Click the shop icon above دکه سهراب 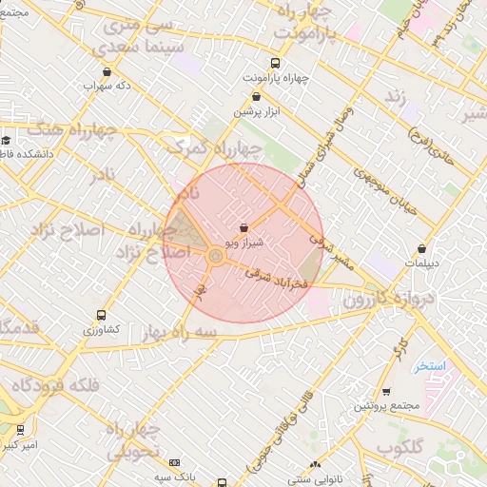point(107,70)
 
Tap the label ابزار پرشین point(257,110)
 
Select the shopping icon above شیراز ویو point(245,228)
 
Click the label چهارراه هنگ point(71,131)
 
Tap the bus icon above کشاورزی point(102,315)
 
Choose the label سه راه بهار point(177,330)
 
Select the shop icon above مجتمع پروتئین point(386,391)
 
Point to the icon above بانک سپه point(174,461)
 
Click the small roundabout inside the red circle point(214,257)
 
